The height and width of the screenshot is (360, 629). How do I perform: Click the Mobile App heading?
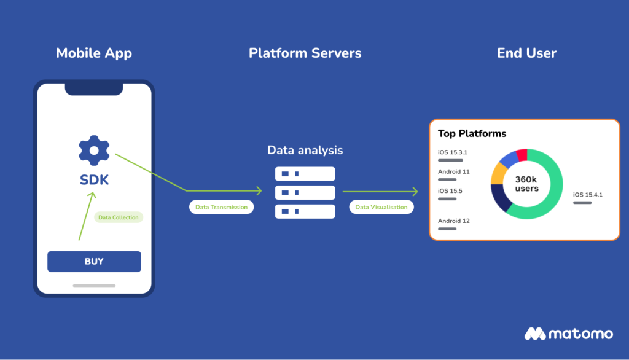[94, 53]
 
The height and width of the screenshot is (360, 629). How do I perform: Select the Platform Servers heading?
[305, 53]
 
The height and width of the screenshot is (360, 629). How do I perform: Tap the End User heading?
[526, 53]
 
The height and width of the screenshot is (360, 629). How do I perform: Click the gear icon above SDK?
[94, 150]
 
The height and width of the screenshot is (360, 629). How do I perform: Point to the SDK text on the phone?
[94, 180]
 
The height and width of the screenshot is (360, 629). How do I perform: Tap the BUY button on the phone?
[94, 262]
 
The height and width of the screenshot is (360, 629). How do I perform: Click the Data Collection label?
[119, 217]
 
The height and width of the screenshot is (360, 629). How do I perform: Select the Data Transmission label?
[221, 207]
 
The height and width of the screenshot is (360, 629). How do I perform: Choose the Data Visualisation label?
[381, 207]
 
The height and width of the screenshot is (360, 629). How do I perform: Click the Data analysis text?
[305, 151]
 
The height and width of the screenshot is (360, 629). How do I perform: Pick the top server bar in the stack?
[305, 174]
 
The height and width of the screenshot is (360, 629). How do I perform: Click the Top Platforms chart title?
[472, 133]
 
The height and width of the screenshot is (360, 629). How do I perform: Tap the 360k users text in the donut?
[526, 184]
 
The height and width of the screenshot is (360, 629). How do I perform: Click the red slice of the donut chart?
[522, 155]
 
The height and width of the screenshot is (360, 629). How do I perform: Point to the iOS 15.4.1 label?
[587, 195]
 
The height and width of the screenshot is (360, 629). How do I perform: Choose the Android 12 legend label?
[453, 221]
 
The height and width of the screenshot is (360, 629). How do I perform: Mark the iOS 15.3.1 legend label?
[453, 152]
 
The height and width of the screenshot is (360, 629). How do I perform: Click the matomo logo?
[568, 334]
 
